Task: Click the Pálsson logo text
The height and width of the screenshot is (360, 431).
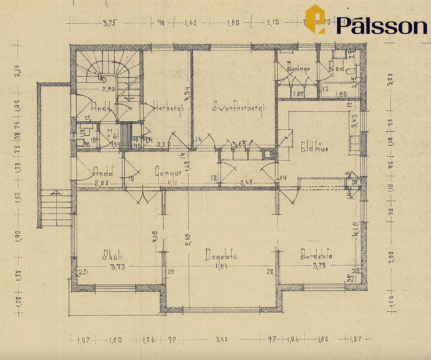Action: pyautogui.click(x=381, y=25)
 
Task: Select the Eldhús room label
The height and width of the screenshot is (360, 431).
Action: pyautogui.click(x=314, y=149)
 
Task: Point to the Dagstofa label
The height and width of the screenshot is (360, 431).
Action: pyautogui.click(x=221, y=255)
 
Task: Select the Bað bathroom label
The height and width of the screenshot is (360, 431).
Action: pyautogui.click(x=336, y=69)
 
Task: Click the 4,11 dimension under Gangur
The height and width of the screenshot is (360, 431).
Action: pyautogui.click(x=173, y=184)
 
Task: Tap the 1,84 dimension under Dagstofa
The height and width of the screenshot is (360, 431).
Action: pyautogui.click(x=221, y=267)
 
